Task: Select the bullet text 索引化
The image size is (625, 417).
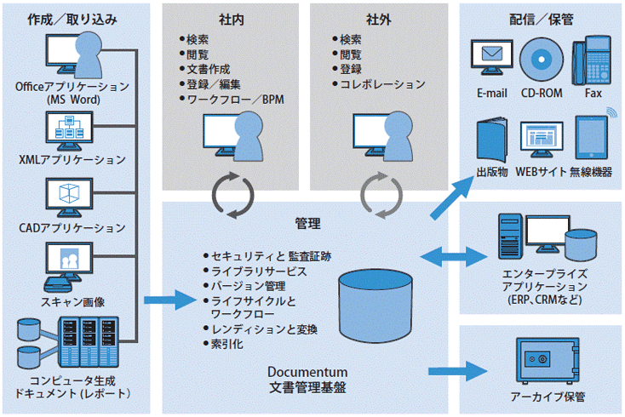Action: coord(227,344)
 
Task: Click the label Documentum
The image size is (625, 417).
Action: coord(307,372)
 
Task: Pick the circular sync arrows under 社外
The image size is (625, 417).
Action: coord(380,194)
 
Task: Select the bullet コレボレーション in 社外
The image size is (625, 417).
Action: coord(381,84)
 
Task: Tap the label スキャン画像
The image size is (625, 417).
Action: coord(72,302)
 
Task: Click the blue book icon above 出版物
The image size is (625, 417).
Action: coord(492,140)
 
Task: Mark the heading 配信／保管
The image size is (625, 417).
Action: coord(541,18)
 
